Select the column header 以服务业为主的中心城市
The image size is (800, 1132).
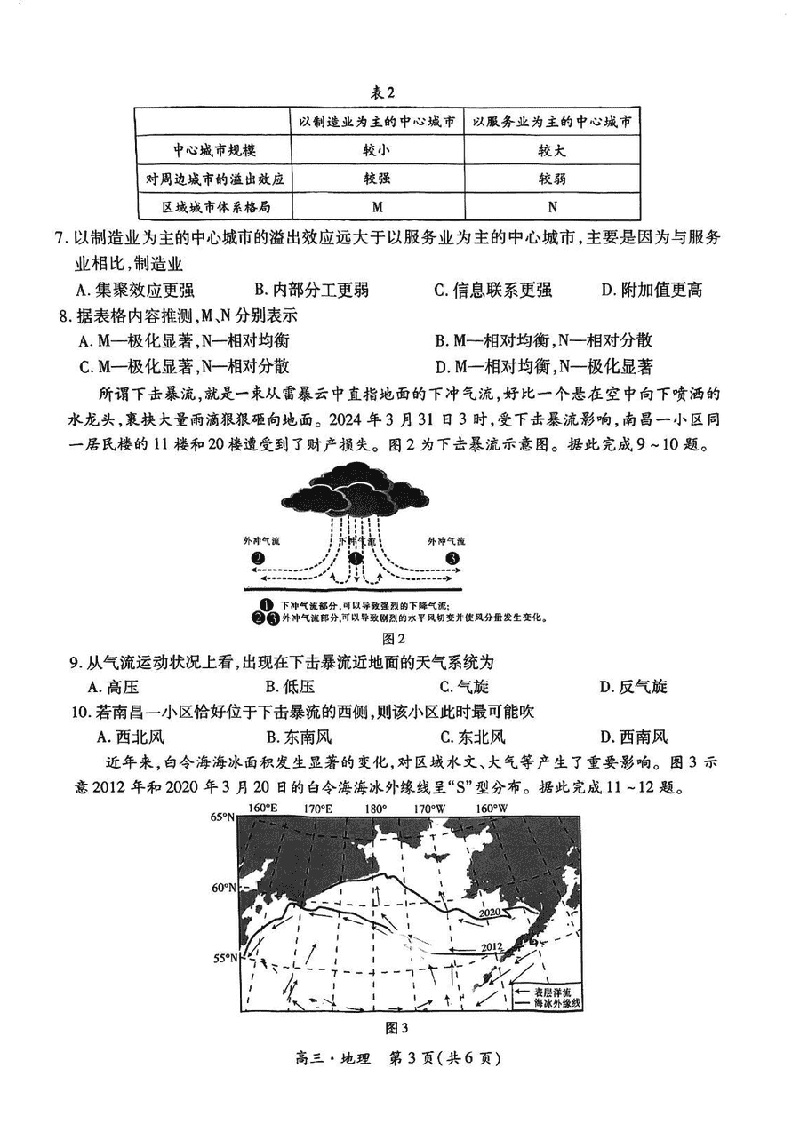(552, 121)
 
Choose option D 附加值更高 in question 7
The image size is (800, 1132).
(652, 289)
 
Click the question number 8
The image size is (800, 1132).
(64, 315)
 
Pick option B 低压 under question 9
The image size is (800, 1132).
(290, 686)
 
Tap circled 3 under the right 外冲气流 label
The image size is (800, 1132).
(452, 558)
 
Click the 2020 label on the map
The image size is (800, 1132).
(491, 913)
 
